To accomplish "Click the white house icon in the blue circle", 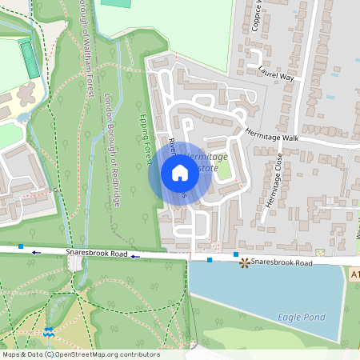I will click(x=180, y=173).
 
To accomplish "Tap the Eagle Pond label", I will click(x=301, y=317).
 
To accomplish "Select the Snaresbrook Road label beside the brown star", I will click(x=281, y=262).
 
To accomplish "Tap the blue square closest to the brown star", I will click(x=236, y=254).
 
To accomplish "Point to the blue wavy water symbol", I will click(x=50, y=330).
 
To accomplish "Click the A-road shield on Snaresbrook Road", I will click(x=354, y=274).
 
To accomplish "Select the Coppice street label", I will click(x=258, y=16).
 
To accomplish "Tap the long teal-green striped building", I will click(x=30, y=59).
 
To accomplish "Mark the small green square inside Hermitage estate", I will click(x=224, y=170).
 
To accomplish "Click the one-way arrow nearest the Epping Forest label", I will click(x=135, y=257).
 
